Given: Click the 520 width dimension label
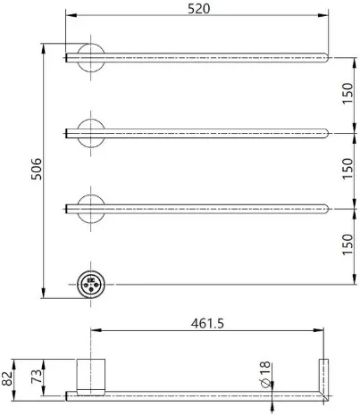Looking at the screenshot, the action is click(x=198, y=8).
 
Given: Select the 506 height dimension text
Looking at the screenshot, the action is click(x=37, y=169).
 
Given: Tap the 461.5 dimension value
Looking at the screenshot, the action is click(x=207, y=323).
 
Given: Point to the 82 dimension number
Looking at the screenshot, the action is click(x=7, y=378).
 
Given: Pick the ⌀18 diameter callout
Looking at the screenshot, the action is click(x=265, y=374).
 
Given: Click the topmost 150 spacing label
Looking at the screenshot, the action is click(x=347, y=94).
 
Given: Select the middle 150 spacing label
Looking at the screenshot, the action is click(x=347, y=169).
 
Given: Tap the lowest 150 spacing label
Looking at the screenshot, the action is click(x=347, y=245).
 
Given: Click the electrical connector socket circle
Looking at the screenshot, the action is click(x=91, y=285).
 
